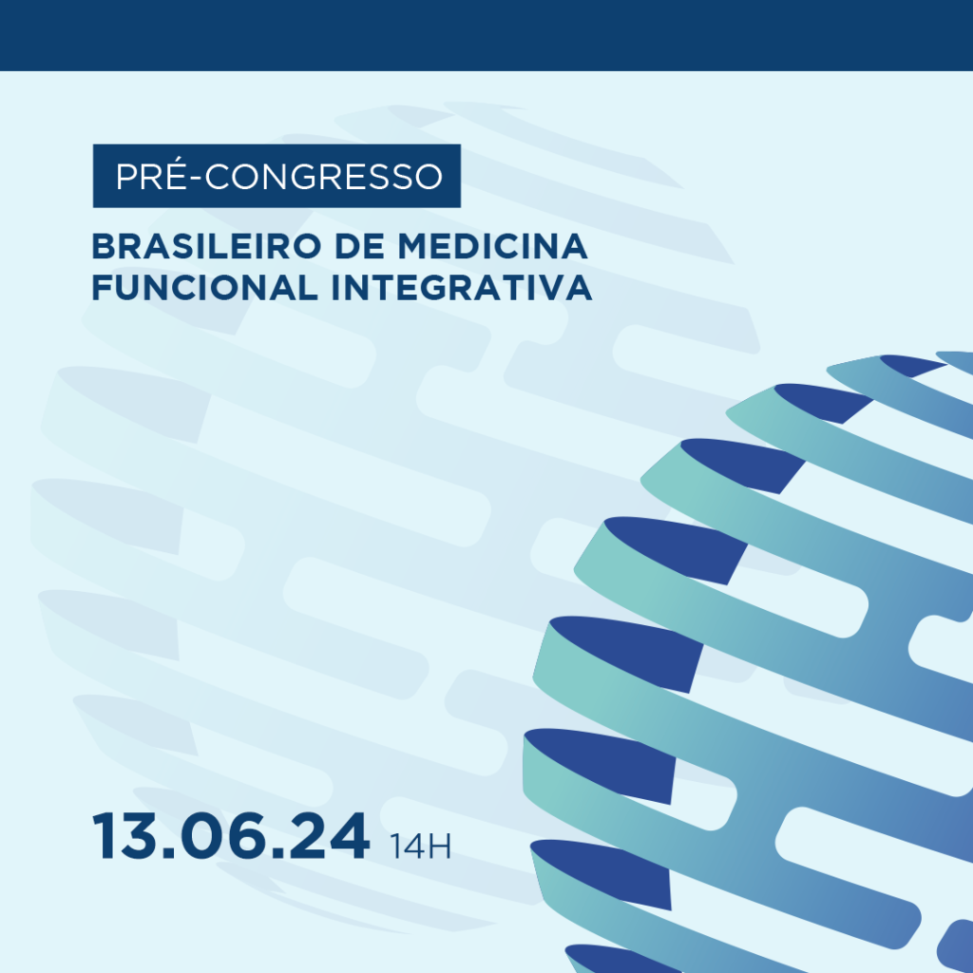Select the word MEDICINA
pos(493,246)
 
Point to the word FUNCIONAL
pos(205,288)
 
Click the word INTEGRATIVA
pos(462,288)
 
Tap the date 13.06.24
pos(231,835)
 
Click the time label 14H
pos(420,847)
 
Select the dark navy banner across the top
pos(486,35)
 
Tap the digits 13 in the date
pos(125,835)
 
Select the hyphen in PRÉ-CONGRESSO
pos(196,178)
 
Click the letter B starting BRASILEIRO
pos(104,246)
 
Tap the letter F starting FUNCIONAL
pos(103,288)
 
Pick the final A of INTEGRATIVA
pos(579,288)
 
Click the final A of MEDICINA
pos(574,246)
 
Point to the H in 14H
pos(440,847)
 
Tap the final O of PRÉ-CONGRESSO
pos(428,176)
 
